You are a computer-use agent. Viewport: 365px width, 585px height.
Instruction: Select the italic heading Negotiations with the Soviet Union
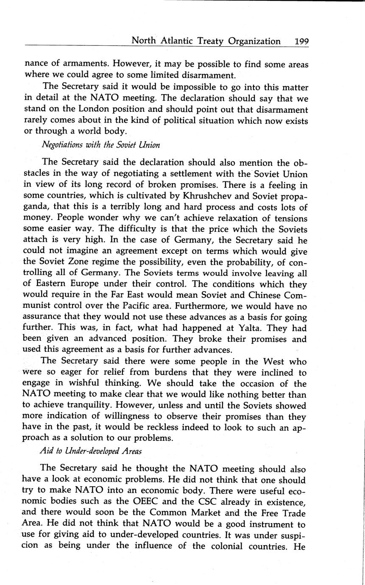tap(100, 145)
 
